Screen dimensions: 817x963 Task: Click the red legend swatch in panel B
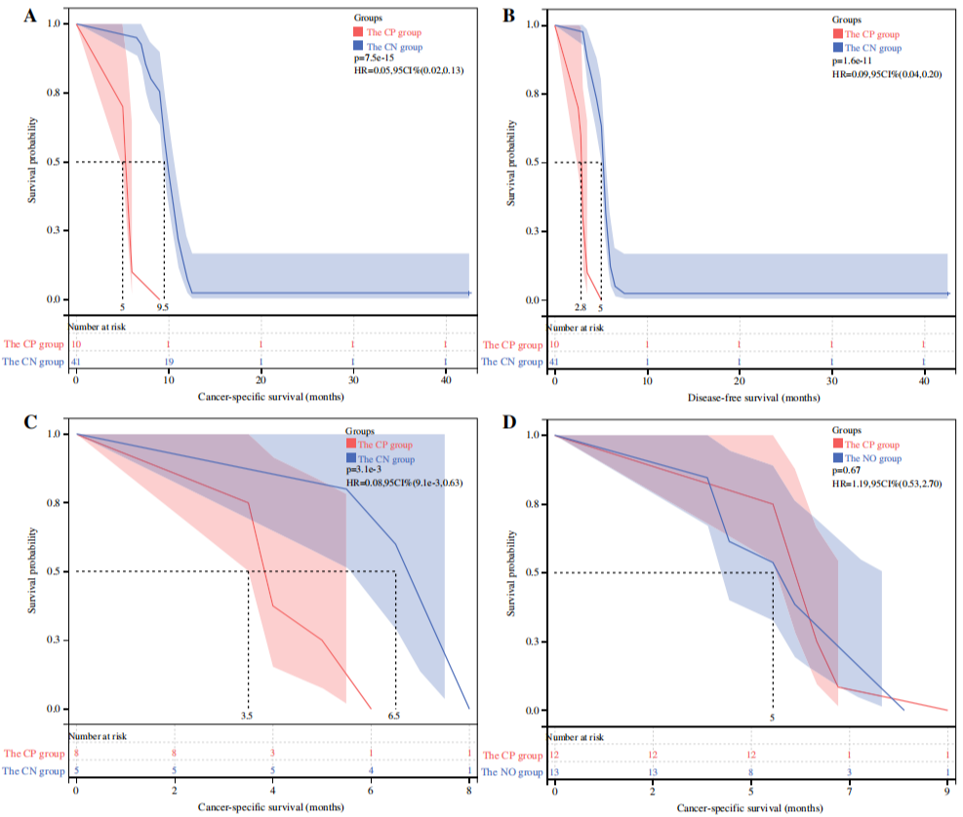pyautogui.click(x=838, y=33)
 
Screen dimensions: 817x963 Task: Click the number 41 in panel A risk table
pyautogui.click(x=75, y=362)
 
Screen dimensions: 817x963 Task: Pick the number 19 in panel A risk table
pyautogui.click(x=168, y=362)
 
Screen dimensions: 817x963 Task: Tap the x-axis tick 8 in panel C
pyautogui.click(x=468, y=790)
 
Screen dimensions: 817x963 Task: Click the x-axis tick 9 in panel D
pyautogui.click(x=947, y=790)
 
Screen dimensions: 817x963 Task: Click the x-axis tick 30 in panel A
pyautogui.click(x=353, y=380)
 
